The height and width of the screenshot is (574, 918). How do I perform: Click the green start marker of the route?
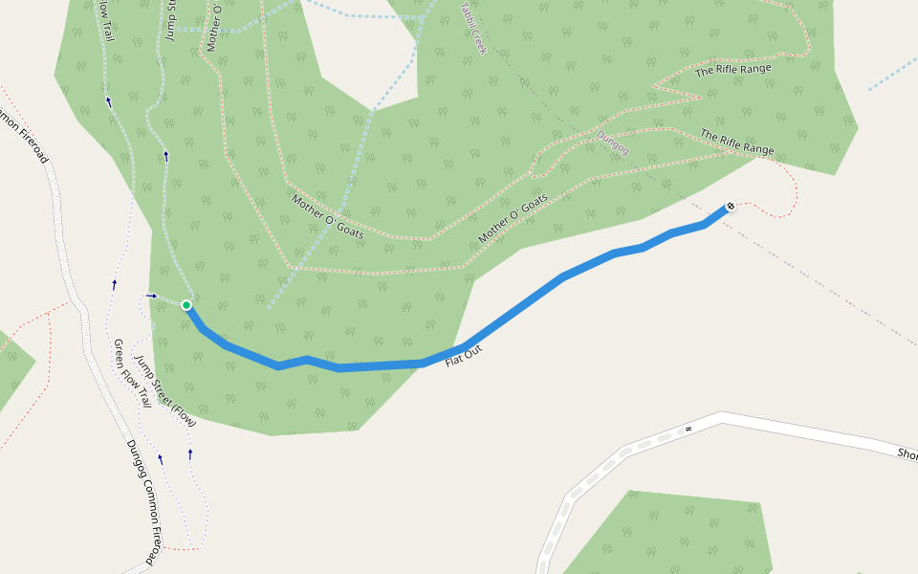tap(186, 305)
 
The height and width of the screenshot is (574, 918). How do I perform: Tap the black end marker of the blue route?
tap(731, 206)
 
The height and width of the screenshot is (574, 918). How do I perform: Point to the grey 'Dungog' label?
tap(613, 143)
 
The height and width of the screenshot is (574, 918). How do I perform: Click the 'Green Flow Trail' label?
tap(132, 374)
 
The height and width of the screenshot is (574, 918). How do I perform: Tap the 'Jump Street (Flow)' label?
tap(165, 391)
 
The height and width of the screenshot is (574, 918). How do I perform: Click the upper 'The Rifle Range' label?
tap(732, 70)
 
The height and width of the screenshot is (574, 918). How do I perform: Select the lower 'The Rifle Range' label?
tap(737, 143)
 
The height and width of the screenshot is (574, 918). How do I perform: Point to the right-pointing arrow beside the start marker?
tap(151, 296)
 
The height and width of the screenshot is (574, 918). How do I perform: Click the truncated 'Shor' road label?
tap(907, 454)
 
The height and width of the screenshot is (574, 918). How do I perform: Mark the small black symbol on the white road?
tap(687, 430)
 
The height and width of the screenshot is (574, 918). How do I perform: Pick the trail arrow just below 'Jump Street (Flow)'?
tap(190, 453)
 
